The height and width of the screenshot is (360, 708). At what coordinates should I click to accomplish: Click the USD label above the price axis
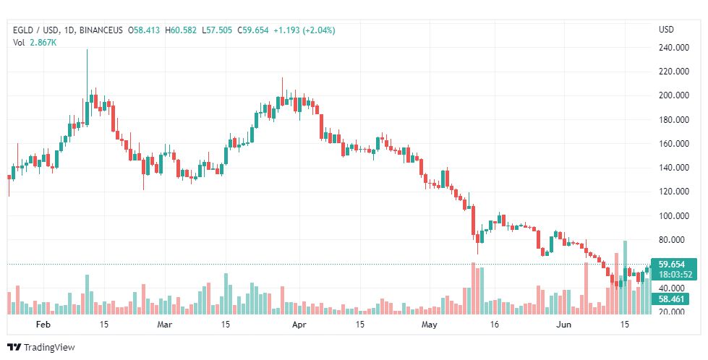point(666,30)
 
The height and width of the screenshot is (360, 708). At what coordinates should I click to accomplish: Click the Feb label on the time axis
point(43,325)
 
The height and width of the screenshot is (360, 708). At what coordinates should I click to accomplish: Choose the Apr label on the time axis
point(298,325)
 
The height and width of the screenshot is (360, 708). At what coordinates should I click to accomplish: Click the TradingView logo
point(41,347)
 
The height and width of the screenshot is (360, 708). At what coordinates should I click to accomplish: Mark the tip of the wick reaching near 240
point(87,50)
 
